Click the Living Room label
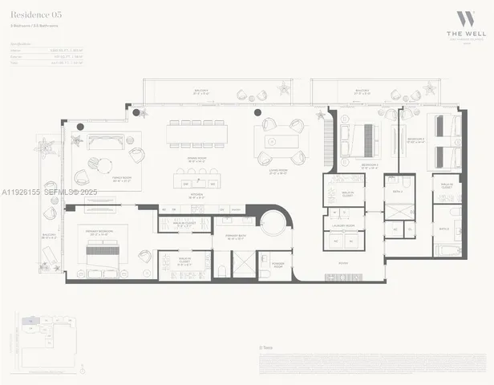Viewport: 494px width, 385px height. coord(278,172)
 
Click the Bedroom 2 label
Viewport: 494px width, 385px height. coord(369,166)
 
